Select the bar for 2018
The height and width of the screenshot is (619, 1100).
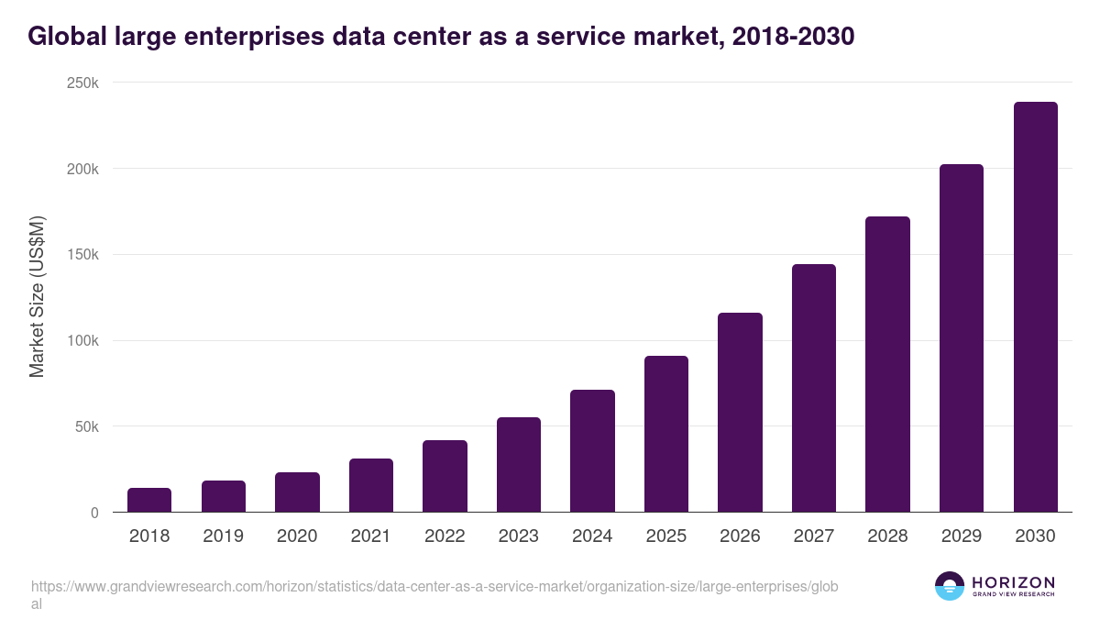pyautogui.click(x=149, y=500)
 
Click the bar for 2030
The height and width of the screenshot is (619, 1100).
pyautogui.click(x=1035, y=307)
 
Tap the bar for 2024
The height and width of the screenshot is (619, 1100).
pyautogui.click(x=592, y=451)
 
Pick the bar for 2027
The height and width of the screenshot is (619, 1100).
pyautogui.click(x=814, y=388)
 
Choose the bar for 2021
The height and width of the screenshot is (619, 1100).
pyautogui.click(x=371, y=485)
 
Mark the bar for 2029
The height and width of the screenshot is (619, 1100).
pyautogui.click(x=962, y=338)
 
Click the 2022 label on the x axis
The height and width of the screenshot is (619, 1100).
pyautogui.click(x=445, y=536)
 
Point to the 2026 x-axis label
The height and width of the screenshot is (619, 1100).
pyautogui.click(x=740, y=536)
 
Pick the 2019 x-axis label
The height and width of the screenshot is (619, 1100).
pyautogui.click(x=224, y=536)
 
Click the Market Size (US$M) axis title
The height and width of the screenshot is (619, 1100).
pyautogui.click(x=38, y=296)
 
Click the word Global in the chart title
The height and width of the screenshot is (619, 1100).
pyautogui.click(x=63, y=36)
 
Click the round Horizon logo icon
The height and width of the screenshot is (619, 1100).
pyautogui.click(x=949, y=586)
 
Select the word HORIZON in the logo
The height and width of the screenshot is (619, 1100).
pyautogui.click(x=1013, y=582)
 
